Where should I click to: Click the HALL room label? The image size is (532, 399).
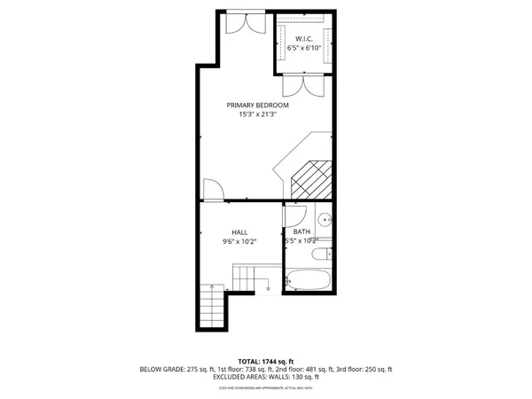pos(239,231)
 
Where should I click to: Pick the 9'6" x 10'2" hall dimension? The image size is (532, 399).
pos(239,240)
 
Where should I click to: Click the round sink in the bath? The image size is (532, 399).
pos(324,218)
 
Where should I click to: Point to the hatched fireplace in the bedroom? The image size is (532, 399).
pos(311,181)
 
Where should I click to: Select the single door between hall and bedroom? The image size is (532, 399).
pos(214,190)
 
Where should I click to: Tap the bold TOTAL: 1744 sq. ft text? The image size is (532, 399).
pos(265,362)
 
